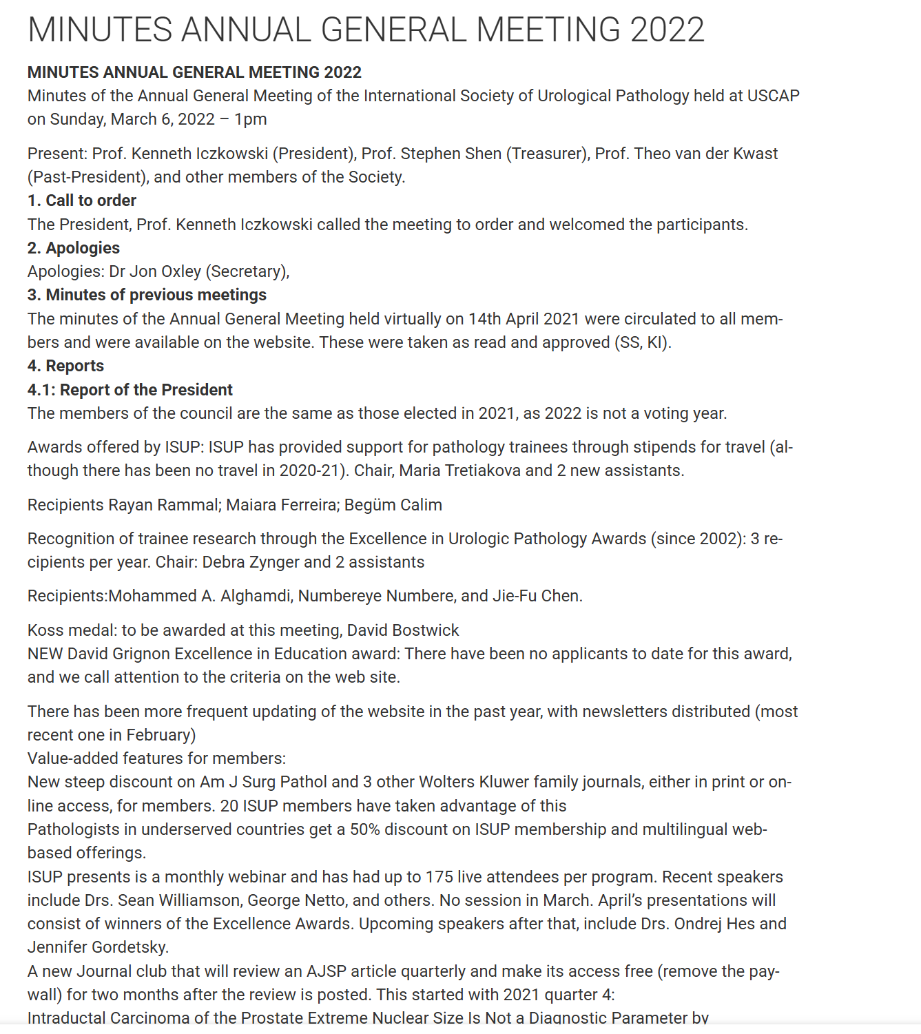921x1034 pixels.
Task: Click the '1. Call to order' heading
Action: pyautogui.click(x=82, y=200)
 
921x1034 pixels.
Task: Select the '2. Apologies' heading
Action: pyautogui.click(x=74, y=248)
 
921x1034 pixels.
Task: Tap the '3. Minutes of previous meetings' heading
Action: pyautogui.click(x=147, y=295)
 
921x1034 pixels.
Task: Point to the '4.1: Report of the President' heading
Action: pyautogui.click(x=130, y=390)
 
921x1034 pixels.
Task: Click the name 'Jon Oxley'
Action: pyautogui.click(x=165, y=271)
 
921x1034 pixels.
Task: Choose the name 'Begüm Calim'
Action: pyautogui.click(x=393, y=505)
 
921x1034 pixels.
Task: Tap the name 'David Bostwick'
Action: pyautogui.click(x=402, y=630)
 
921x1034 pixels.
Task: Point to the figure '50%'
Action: pyautogui.click(x=364, y=829)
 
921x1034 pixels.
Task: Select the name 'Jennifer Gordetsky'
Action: pyautogui.click(x=97, y=947)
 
